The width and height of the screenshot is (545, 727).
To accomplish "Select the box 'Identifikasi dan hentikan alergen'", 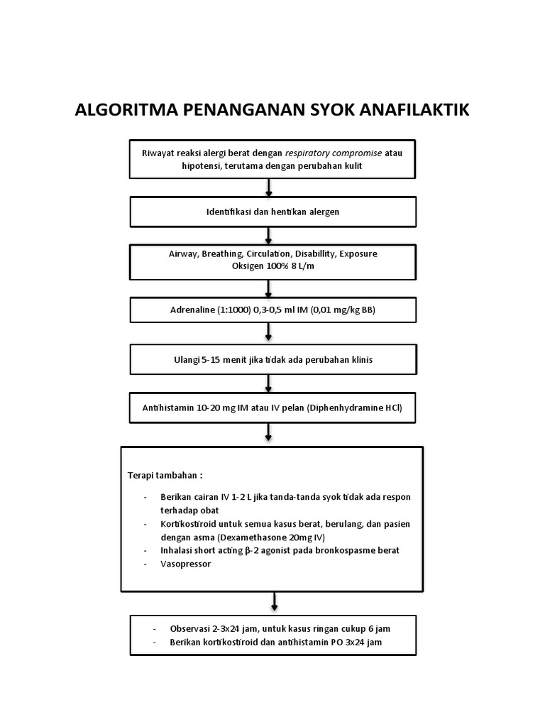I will click(x=272, y=212).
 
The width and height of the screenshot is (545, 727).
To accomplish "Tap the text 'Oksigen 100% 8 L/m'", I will click(x=272, y=266).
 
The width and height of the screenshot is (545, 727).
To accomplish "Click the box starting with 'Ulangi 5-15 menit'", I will click(x=272, y=360).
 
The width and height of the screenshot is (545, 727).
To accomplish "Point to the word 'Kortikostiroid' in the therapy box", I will click(x=187, y=524).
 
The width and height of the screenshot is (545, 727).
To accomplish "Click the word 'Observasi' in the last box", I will click(x=189, y=629).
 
